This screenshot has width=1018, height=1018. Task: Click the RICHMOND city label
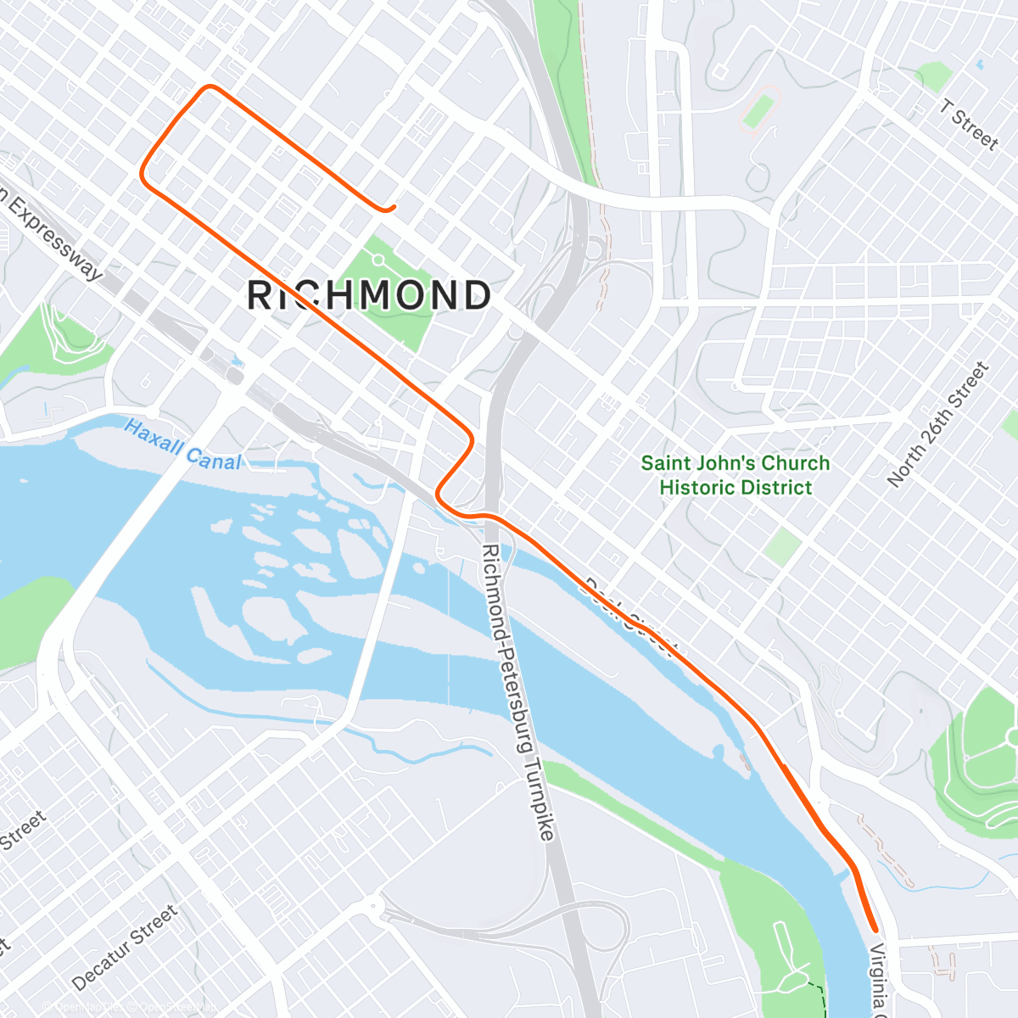pos(369,295)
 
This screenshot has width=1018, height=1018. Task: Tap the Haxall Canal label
pos(182,444)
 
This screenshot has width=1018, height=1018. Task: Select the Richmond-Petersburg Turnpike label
pos(517,691)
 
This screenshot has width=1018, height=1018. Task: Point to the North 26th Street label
pos(938,424)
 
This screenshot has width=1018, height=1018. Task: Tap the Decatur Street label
pos(125,948)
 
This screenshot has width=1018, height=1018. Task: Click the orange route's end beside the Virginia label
pos(874,930)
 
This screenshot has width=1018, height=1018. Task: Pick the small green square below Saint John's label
pos(781,546)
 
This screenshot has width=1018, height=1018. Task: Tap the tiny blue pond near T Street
pos(981,64)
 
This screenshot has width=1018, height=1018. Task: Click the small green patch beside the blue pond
pos(936,76)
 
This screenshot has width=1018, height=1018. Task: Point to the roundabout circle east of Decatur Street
pos(374,909)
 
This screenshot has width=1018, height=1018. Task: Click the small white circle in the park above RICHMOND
pos(378,260)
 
